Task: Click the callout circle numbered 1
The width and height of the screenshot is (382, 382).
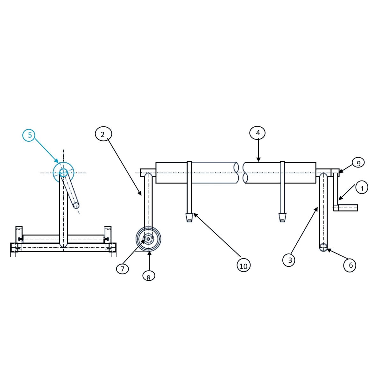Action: point(362,188)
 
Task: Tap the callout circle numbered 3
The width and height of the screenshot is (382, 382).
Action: point(289,260)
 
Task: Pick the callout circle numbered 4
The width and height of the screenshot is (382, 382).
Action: point(258,133)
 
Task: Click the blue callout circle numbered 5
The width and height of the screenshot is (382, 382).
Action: point(29,135)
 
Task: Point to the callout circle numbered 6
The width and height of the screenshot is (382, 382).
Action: point(350,265)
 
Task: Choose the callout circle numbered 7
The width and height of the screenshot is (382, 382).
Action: point(123,269)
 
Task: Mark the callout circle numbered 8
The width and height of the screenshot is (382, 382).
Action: point(149,276)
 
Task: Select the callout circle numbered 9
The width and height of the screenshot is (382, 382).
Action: point(358,163)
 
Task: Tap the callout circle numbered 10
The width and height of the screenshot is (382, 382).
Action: point(244,265)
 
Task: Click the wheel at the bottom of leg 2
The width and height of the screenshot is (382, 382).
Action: point(148,239)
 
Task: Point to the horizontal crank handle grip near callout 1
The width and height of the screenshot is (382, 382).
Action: point(348,208)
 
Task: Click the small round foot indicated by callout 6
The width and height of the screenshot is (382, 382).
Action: point(323,247)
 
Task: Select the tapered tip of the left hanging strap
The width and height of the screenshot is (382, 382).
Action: point(189,218)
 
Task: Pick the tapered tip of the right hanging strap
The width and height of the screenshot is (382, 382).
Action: point(282,218)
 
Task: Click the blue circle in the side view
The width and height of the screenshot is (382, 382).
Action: point(63,173)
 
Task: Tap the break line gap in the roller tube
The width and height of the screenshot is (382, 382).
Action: point(241,173)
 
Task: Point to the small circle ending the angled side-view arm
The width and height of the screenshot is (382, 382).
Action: point(76,205)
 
